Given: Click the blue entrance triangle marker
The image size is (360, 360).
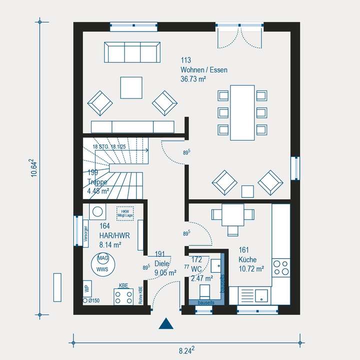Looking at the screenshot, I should click(166, 324).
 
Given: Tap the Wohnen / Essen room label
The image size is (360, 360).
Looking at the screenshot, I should click(204, 70).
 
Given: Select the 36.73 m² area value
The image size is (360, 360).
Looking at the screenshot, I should click(194, 79).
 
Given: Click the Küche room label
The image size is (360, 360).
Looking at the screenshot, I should click(247, 260).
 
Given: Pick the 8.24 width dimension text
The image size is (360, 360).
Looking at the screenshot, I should click(186, 350).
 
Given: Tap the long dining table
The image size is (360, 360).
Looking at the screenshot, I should click(242, 112).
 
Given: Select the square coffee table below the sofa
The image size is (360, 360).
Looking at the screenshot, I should click(131, 87).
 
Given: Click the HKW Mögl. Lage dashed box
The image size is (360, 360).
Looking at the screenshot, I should click(125, 213).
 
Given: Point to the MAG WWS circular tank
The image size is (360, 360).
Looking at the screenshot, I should click(103, 263).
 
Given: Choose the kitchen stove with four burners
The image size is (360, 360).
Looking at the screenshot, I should click(281, 267).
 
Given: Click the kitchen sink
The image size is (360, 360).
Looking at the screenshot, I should click(261, 295).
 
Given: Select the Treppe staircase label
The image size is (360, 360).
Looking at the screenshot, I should click(97, 182).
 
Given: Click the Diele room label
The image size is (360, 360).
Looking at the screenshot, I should click(161, 263).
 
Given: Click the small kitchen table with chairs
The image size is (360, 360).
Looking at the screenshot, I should click(232, 215).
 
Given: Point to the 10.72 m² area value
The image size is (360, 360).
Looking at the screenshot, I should click(252, 269).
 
